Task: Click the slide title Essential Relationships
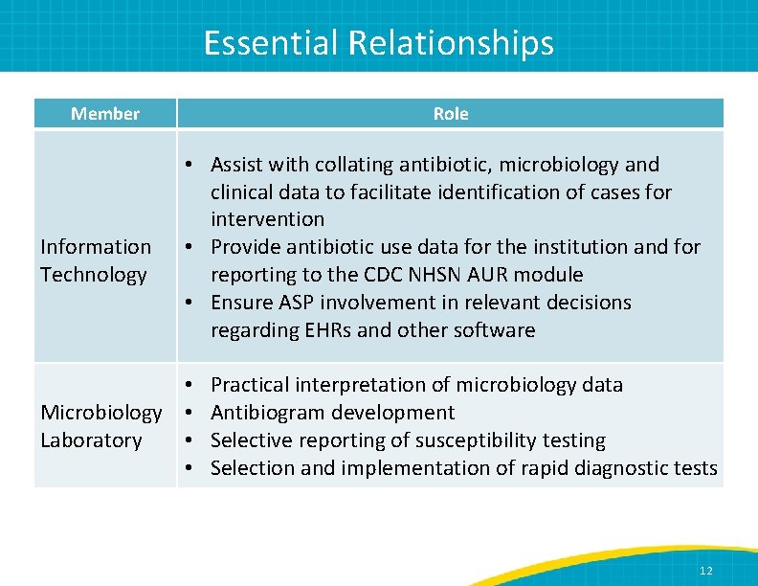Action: [x=378, y=43]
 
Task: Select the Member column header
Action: [x=105, y=114]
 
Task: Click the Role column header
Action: [x=450, y=114]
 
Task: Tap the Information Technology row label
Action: [x=96, y=260]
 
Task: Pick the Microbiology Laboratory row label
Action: [x=100, y=426]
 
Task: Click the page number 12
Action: [x=705, y=571]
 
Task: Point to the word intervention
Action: [x=267, y=219]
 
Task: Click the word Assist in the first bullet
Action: [x=237, y=165]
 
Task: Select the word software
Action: [x=495, y=330]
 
